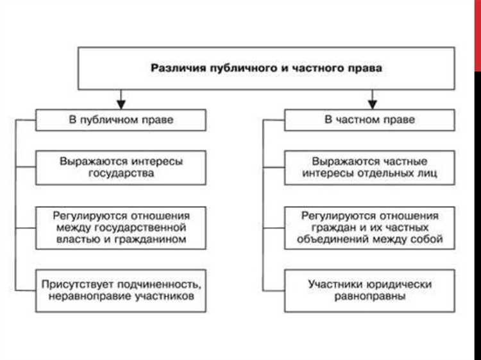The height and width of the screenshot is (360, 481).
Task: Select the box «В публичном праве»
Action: pos(121,120)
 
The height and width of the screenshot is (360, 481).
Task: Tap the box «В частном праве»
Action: pos(371,120)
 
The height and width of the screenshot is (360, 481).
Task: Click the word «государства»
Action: pos(121,173)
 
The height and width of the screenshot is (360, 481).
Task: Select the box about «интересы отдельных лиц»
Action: pos(371,167)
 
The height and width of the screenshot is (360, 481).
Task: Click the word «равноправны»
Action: pos(371,296)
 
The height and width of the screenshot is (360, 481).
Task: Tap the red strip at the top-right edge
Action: pos(477,32)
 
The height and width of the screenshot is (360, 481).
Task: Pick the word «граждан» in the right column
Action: pos(321,228)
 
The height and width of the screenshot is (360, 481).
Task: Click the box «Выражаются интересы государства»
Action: pos(121,167)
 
